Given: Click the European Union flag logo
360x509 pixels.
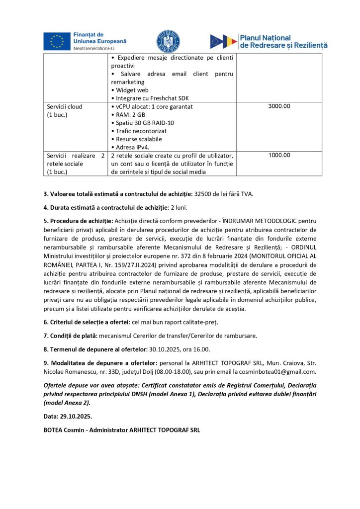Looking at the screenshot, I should pyautogui.click(x=57, y=41).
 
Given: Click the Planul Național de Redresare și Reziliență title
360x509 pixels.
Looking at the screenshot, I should pyautogui.click(x=283, y=41).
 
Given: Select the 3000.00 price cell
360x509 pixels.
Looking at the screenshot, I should pyautogui.click(x=279, y=106).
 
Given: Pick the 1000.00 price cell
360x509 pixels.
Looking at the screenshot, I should pyautogui.click(x=279, y=155).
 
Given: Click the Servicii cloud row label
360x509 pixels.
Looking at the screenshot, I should pyautogui.click(x=65, y=106).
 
